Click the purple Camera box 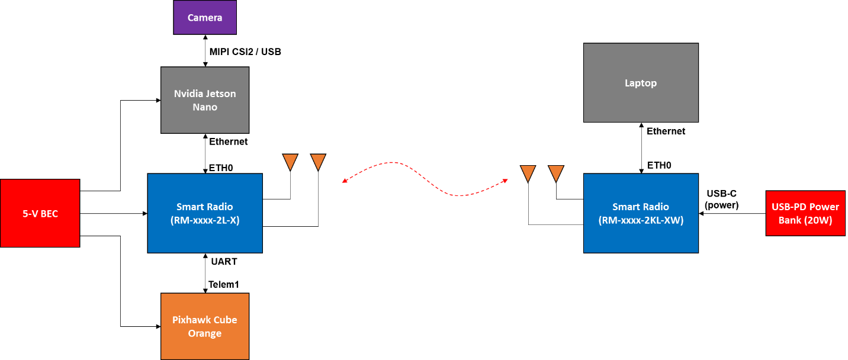pyautogui.click(x=205, y=17)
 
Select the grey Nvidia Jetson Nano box pyautogui.click(x=205, y=100)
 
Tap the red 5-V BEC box pyautogui.click(x=40, y=213)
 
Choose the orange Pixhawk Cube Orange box pyautogui.click(x=205, y=326)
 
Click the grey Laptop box pyautogui.click(x=641, y=83)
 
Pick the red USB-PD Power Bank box pyautogui.click(x=805, y=213)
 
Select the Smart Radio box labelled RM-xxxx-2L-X pyautogui.click(x=205, y=213)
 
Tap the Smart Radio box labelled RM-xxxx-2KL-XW pyautogui.click(x=641, y=213)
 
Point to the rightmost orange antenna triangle pyautogui.click(x=555, y=173)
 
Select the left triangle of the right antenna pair pyautogui.click(x=528, y=173)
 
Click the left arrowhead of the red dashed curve pyautogui.click(x=344, y=182)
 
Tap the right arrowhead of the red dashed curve pyautogui.click(x=506, y=179)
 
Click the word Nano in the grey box pyautogui.click(x=205, y=107)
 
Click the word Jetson pyautogui.click(x=221, y=94)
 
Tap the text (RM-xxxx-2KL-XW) pyautogui.click(x=641, y=220)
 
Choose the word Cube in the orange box pyautogui.click(x=226, y=320)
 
